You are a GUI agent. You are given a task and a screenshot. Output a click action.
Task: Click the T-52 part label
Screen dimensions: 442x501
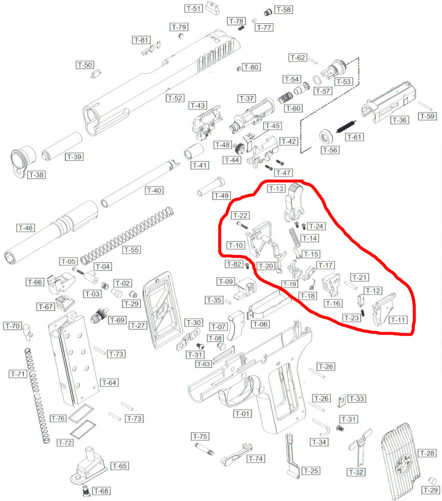click(175, 98)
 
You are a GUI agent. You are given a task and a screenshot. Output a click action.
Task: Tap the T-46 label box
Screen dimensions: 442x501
click(26, 228)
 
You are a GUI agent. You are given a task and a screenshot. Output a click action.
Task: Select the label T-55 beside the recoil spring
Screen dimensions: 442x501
click(131, 250)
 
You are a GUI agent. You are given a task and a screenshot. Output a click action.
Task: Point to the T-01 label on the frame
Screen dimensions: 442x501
click(242, 414)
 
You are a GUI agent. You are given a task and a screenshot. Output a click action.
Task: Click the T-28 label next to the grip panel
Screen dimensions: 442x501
click(427, 453)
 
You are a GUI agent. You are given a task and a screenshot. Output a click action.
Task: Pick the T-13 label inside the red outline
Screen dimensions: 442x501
click(276, 189)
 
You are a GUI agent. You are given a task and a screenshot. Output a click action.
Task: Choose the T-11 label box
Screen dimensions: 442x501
click(398, 320)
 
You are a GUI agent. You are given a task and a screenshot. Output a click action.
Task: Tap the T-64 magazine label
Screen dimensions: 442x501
click(109, 383)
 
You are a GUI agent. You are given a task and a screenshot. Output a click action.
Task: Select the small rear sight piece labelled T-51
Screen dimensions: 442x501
click(212, 8)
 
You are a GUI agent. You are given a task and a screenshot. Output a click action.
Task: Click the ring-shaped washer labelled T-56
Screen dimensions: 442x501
click(327, 137)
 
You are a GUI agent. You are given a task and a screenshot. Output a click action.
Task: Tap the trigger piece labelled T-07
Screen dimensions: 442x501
click(235, 325)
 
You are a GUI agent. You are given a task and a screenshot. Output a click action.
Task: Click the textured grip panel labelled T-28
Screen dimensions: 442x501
click(401, 460)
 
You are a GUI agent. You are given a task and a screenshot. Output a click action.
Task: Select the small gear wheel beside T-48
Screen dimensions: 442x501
click(239, 148)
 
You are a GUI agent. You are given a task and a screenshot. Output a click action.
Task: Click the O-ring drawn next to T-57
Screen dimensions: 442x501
click(317, 80)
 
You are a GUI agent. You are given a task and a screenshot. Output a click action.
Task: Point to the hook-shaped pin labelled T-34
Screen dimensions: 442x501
click(321, 427)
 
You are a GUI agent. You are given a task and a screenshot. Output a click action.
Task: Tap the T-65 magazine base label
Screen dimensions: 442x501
click(120, 466)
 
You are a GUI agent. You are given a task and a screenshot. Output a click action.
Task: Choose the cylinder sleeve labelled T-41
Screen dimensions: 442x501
click(194, 151)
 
